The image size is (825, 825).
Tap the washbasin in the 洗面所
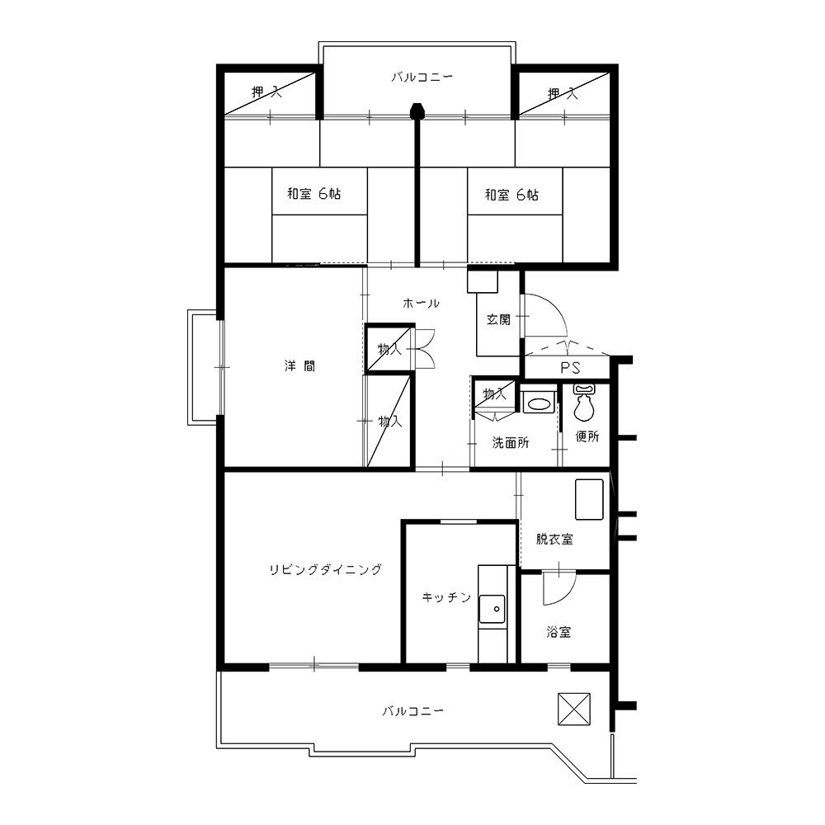(538, 404)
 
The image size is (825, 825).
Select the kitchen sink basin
(492, 610)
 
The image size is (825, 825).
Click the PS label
(570, 367)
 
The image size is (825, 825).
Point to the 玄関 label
(498, 318)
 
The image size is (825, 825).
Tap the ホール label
(421, 303)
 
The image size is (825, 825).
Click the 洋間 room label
(300, 365)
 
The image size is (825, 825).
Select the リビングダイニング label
(325, 569)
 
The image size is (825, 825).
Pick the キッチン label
(446, 597)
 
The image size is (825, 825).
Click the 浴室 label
(559, 632)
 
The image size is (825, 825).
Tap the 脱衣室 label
(554, 539)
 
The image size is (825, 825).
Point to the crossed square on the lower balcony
(574, 709)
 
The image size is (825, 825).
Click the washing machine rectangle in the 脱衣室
(589, 499)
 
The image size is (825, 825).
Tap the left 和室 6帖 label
(314, 194)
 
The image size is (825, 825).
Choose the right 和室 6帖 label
(511, 196)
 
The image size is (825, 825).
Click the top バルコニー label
(422, 78)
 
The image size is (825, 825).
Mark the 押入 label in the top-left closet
(266, 92)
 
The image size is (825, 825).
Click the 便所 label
(587, 436)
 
